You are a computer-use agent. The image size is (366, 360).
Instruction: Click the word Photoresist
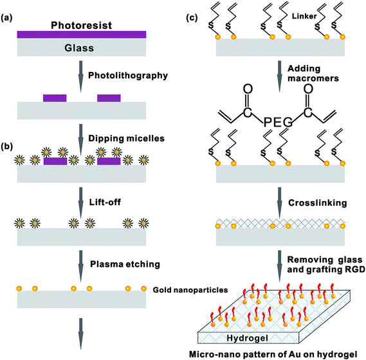tap(81, 26)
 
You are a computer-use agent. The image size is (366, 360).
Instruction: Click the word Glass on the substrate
tap(79, 48)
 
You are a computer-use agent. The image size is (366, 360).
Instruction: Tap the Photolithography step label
tap(128, 76)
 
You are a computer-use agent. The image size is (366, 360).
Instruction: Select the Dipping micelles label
tap(126, 138)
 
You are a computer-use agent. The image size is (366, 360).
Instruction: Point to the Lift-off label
tap(105, 202)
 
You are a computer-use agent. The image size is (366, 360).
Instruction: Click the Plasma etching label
tap(125, 264)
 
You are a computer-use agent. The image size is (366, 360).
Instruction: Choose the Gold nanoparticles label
tap(190, 290)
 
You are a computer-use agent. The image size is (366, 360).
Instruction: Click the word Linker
tap(304, 16)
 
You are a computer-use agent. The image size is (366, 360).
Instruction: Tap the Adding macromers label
tap(313, 73)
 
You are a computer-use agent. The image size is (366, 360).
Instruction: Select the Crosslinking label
tap(318, 203)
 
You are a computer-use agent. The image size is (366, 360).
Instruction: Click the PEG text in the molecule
tap(278, 122)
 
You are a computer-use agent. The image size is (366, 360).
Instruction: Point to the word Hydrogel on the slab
tap(247, 338)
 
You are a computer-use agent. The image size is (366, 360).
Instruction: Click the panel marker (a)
tap(6, 18)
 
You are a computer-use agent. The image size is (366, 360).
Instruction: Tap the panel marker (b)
tap(6, 147)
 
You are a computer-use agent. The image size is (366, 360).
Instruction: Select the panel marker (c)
tap(192, 18)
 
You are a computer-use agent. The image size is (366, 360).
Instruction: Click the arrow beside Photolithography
tap(81, 76)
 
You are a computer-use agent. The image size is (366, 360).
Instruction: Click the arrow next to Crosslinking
tap(279, 203)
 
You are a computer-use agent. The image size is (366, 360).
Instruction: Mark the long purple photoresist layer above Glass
tap(82, 35)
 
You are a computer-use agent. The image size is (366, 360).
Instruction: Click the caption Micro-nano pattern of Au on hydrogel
tap(273, 355)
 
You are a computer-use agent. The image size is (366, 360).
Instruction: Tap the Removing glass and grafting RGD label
tap(326, 264)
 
